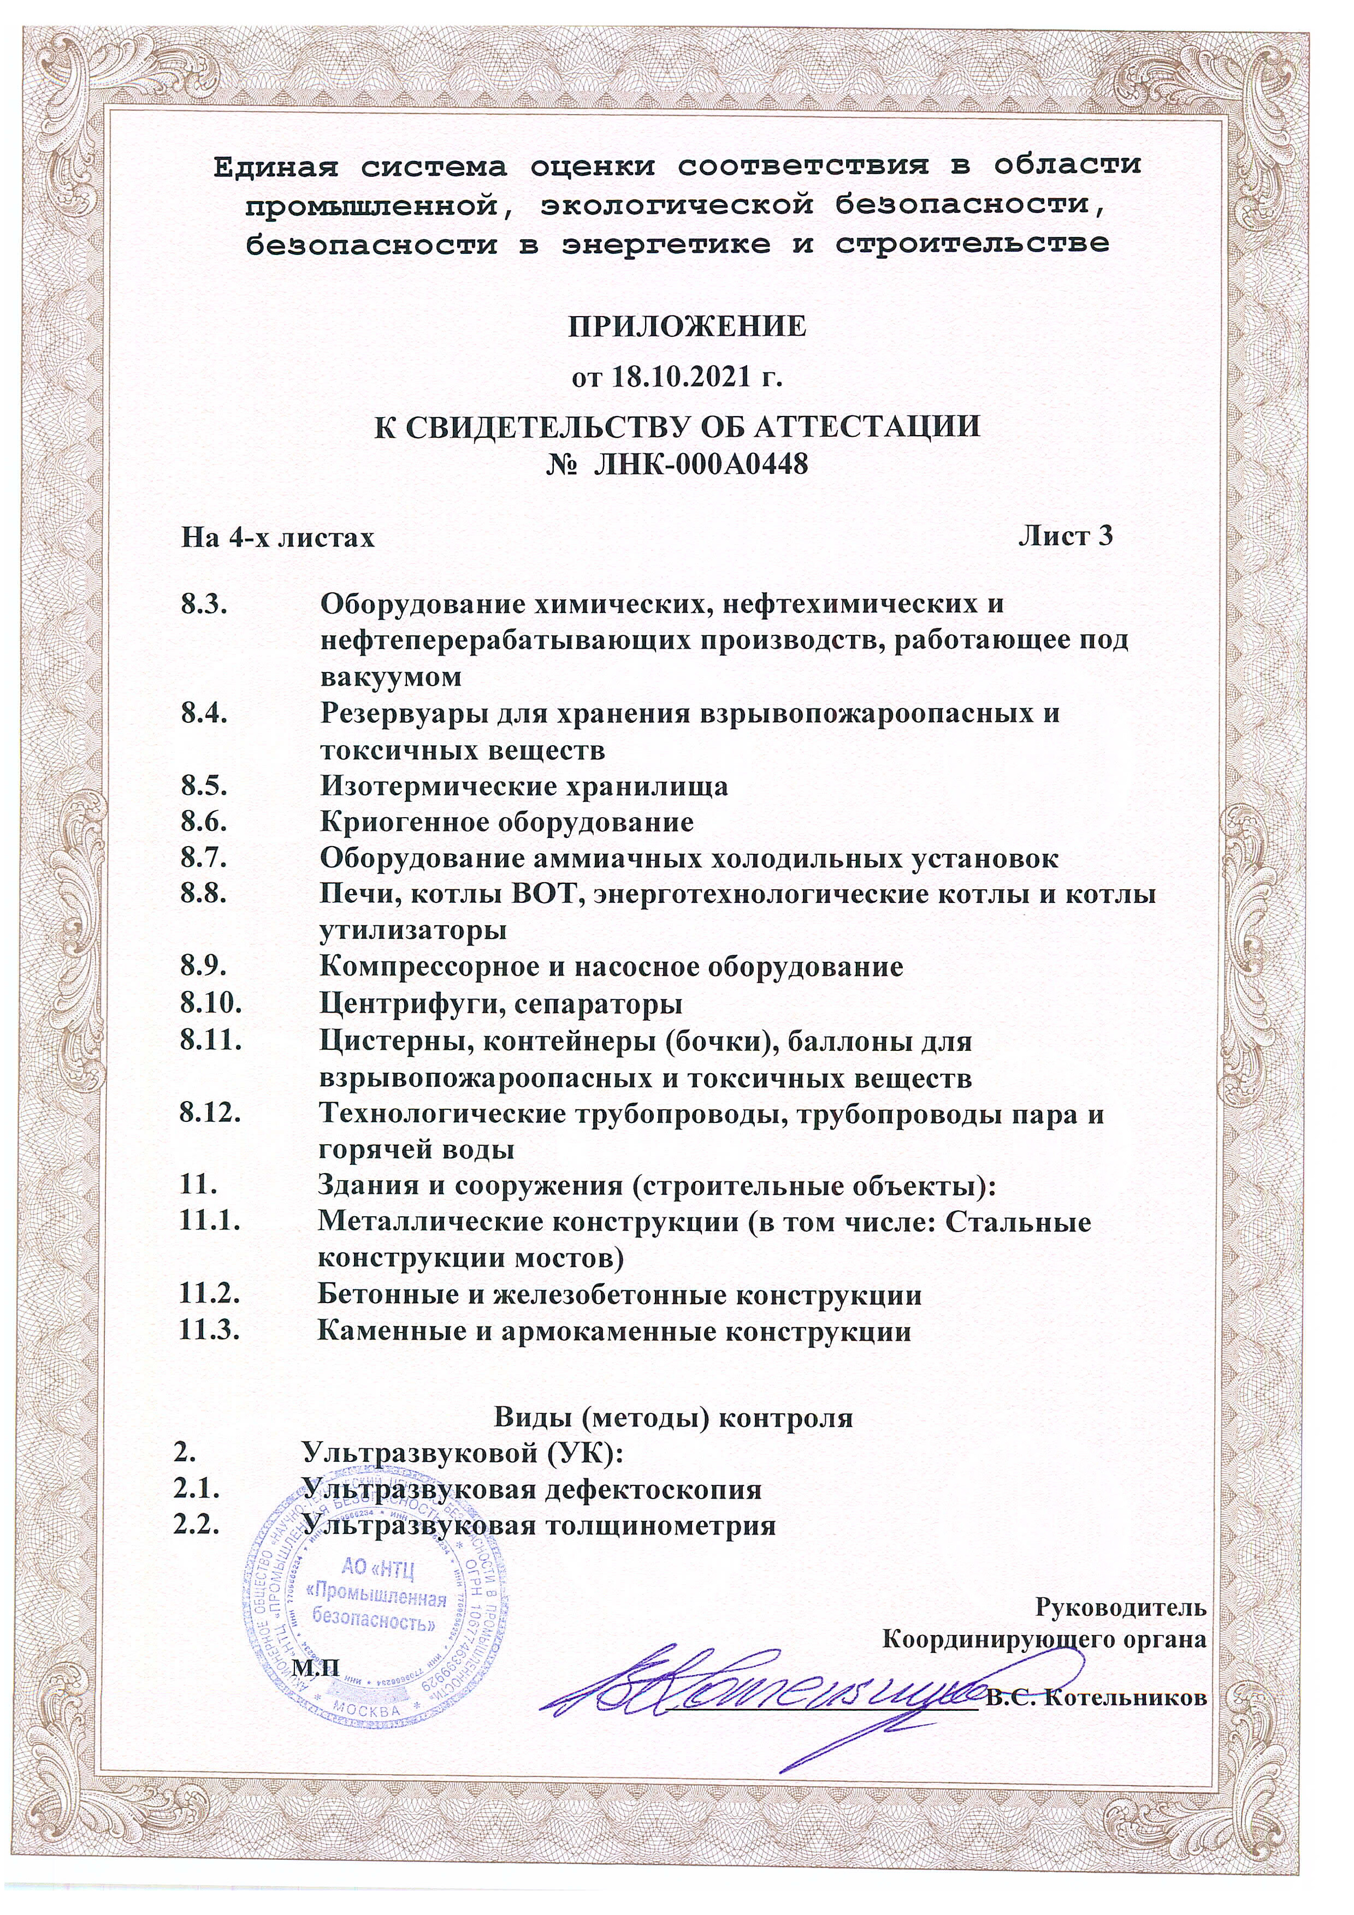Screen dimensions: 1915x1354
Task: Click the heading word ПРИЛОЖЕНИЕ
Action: point(688,327)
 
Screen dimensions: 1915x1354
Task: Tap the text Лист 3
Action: point(1066,536)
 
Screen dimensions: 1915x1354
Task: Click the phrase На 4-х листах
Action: point(278,538)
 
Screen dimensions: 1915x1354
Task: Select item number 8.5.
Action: point(204,787)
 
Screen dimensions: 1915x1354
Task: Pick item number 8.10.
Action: point(211,1003)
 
